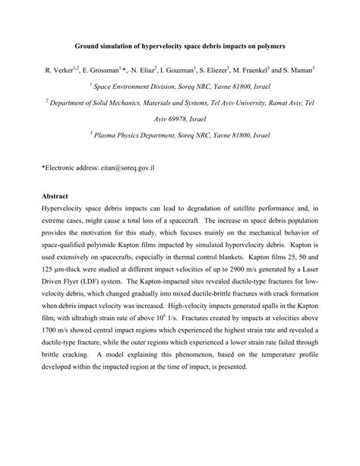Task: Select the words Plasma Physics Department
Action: point(141,131)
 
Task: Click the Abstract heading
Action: point(55,194)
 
